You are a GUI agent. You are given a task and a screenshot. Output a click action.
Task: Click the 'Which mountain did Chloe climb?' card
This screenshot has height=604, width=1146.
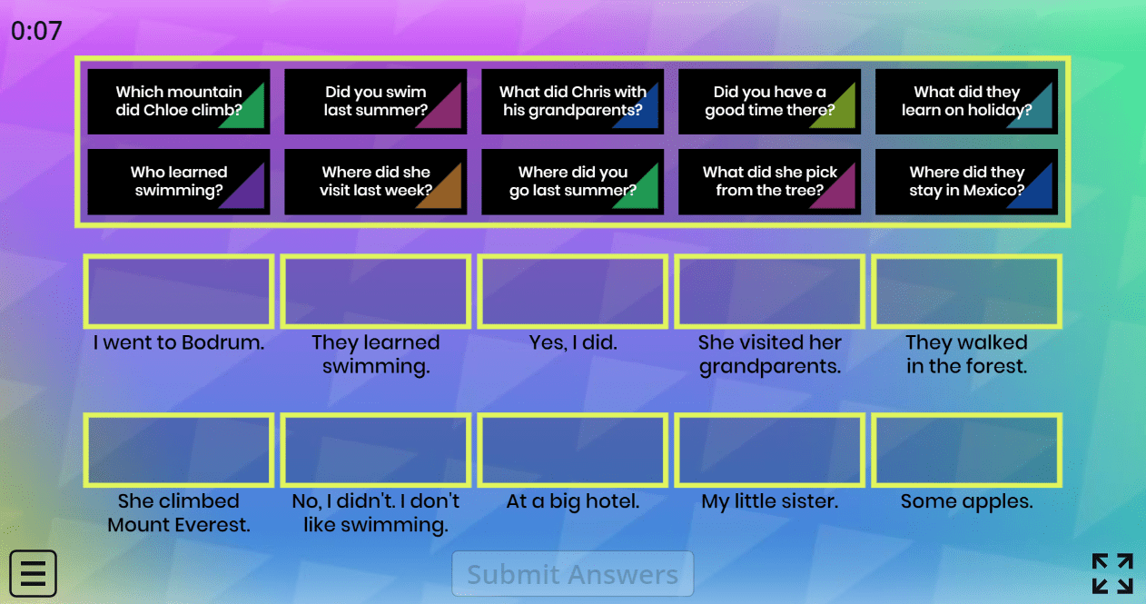[179, 102]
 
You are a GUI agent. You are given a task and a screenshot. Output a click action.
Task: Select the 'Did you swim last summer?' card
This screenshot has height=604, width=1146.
[376, 102]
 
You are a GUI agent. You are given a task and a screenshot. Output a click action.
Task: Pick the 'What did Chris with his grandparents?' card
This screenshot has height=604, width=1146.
[572, 102]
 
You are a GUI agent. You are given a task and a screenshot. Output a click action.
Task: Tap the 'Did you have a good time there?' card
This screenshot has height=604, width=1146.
[769, 102]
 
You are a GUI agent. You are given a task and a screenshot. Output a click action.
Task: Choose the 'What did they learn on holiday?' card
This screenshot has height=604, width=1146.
[966, 102]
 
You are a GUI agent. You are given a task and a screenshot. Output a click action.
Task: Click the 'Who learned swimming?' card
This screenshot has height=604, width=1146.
[179, 182]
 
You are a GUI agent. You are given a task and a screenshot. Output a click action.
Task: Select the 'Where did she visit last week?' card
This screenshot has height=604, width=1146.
[376, 182]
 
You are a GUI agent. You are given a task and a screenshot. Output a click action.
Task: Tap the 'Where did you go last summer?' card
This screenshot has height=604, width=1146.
[572, 182]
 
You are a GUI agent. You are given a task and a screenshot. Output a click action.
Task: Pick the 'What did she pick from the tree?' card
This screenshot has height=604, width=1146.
[769, 182]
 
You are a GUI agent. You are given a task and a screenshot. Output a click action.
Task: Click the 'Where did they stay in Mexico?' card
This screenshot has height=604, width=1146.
[966, 182]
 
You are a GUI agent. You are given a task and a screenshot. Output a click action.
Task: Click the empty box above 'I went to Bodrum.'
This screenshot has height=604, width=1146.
[179, 292]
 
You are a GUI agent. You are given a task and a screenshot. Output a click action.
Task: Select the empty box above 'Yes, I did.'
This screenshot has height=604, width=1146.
[572, 292]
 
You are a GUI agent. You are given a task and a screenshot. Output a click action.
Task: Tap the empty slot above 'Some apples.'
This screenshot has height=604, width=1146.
[966, 450]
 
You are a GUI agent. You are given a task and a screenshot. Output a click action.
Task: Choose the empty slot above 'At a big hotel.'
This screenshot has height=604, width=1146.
[572, 450]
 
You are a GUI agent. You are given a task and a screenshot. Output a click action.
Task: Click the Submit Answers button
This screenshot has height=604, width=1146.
[572, 574]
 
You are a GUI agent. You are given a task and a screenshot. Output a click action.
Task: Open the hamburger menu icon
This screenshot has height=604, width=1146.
[34, 573]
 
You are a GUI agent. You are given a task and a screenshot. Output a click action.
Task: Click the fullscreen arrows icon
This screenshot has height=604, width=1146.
[1112, 573]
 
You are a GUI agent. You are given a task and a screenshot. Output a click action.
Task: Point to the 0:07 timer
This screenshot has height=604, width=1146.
[36, 31]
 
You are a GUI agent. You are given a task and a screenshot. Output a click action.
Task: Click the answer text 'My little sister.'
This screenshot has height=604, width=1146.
[769, 501]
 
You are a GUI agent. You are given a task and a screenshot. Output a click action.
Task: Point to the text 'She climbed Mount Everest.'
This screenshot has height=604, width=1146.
[179, 513]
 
